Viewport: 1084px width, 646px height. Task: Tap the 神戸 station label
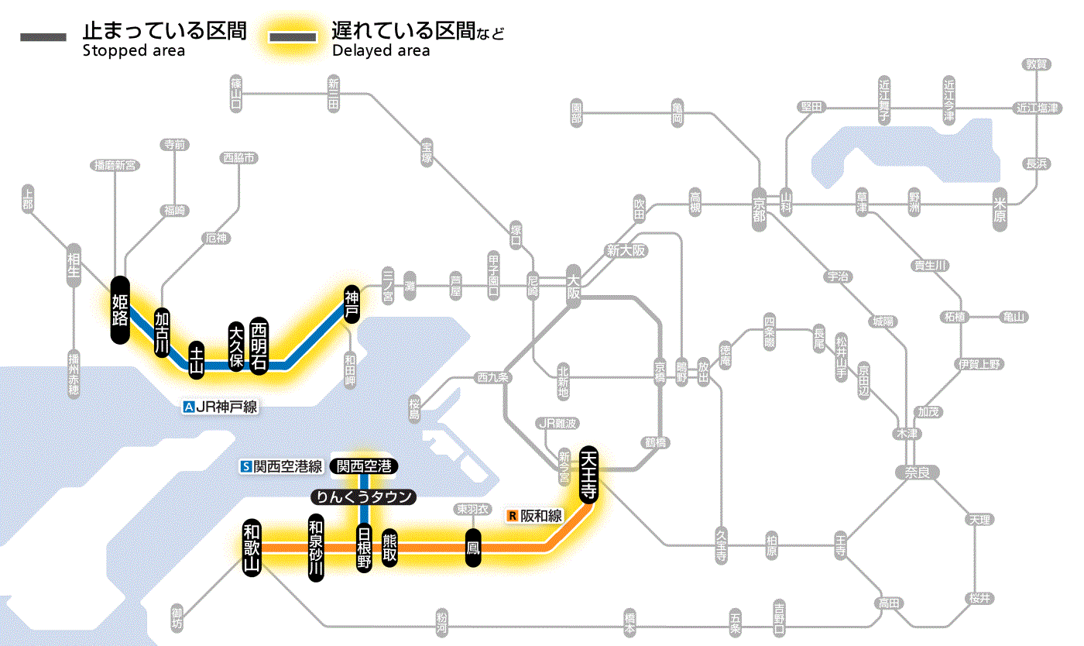click(x=352, y=303)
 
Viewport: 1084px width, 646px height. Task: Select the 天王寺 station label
click(x=588, y=475)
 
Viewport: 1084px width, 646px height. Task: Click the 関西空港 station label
click(x=364, y=466)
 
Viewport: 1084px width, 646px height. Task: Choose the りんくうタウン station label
click(x=363, y=497)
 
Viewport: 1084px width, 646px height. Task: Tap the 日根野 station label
click(x=364, y=548)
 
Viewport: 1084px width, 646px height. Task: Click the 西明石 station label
click(x=259, y=345)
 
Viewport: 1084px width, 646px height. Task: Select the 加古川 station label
click(x=162, y=333)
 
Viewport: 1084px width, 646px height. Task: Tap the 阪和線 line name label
click(x=541, y=515)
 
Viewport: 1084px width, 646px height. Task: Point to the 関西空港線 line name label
click(x=287, y=466)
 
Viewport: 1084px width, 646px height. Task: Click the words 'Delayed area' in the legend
click(x=380, y=51)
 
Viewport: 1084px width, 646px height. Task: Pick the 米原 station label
click(x=1002, y=209)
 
